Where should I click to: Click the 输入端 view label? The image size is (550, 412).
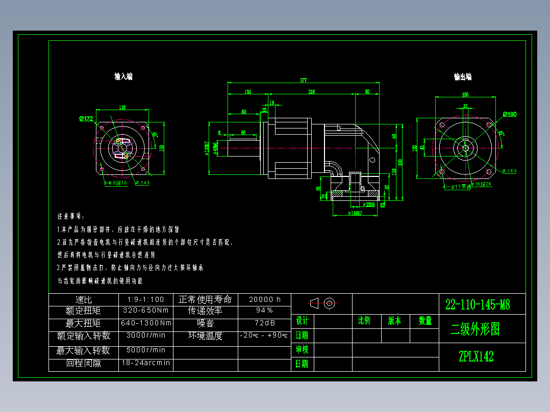pyautogui.click(x=123, y=76)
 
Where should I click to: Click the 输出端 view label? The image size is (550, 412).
pyautogui.click(x=463, y=77)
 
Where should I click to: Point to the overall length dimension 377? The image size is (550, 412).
pyautogui.click(x=304, y=80)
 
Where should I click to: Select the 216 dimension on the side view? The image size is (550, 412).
pyautogui.click(x=311, y=92)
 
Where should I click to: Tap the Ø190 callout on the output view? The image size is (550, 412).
pyautogui.click(x=509, y=114)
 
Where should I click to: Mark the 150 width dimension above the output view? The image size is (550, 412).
pyautogui.click(x=465, y=94)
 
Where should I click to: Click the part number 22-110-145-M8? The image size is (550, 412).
pyautogui.click(x=478, y=305)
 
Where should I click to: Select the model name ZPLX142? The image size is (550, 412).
pyautogui.click(x=476, y=356)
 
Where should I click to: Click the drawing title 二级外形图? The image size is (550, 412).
pyautogui.click(x=474, y=329)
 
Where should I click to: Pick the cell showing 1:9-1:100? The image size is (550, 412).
pyautogui.click(x=146, y=299)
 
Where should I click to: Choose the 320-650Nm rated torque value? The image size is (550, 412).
pyautogui.click(x=146, y=310)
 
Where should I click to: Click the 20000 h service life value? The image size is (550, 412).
pyautogui.click(x=264, y=299)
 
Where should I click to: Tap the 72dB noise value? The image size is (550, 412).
pyautogui.click(x=264, y=323)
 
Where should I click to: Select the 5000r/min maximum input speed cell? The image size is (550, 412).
pyautogui.click(x=146, y=350)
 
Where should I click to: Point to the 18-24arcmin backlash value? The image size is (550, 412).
pyautogui.click(x=146, y=363)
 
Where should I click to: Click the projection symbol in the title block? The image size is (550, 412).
pyautogui.click(x=321, y=303)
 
